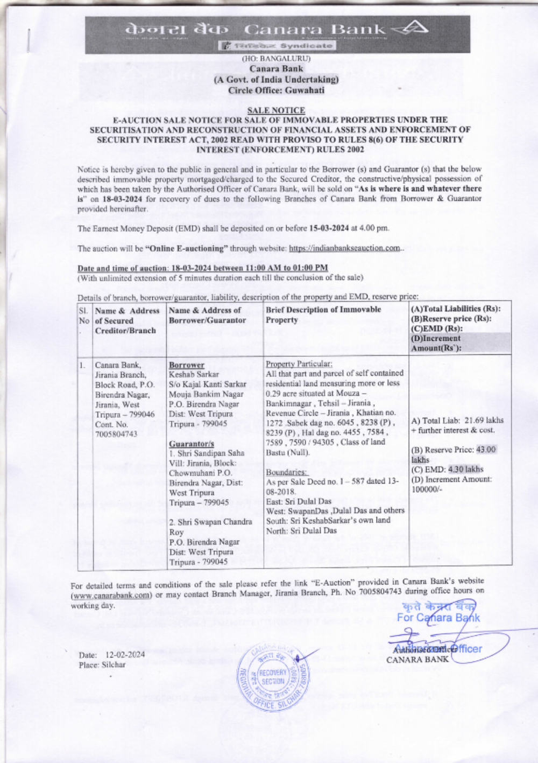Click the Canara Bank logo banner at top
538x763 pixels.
pos(277,33)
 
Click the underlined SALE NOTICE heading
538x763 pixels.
pos(276,110)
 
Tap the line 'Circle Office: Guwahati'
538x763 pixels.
pos(276,90)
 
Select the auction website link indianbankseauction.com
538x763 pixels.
pos(344,248)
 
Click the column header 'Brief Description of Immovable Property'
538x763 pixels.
pos(323,314)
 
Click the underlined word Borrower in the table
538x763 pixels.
pos(186,365)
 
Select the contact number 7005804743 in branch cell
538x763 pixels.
pos(116,434)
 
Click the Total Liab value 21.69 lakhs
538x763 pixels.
pos(484,421)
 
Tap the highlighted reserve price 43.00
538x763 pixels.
pos(486,450)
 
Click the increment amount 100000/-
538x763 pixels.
pos(427,489)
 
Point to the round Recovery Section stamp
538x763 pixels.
pos(273,677)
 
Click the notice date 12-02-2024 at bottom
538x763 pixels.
pos(125,655)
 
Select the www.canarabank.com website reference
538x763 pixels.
pos(111,595)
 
